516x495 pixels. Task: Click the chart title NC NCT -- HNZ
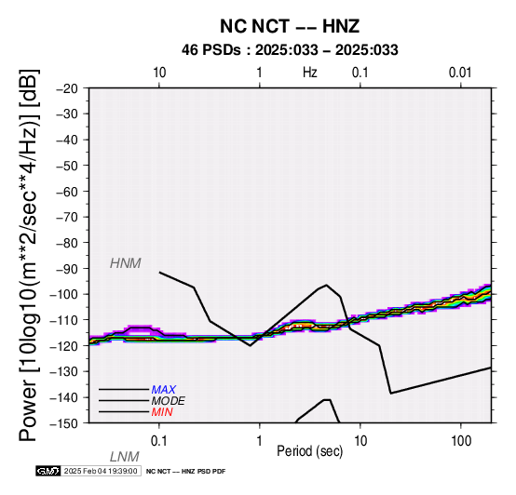point(290,26)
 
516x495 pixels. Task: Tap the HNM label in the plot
point(126,263)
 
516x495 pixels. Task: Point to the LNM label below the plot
point(125,457)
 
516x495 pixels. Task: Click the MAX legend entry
point(164,390)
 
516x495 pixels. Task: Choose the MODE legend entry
point(169,401)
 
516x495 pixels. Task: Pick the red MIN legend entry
point(162,412)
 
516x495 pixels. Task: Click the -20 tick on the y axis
point(67,88)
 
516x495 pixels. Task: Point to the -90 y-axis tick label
point(67,269)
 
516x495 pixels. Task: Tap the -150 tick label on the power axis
point(64,423)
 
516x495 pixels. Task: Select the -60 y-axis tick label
point(67,192)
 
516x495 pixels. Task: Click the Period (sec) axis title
point(309,451)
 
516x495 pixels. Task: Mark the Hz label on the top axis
point(310,73)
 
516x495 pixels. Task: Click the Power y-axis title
point(29,255)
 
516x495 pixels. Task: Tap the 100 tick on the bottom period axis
point(461,441)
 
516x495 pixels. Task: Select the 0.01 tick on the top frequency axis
point(460,73)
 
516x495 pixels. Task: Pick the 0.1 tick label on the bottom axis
point(159,441)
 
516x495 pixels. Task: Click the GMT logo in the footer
point(48,471)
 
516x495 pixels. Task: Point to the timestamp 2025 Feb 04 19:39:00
point(101,471)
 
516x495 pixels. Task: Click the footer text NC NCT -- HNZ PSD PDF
point(186,472)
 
